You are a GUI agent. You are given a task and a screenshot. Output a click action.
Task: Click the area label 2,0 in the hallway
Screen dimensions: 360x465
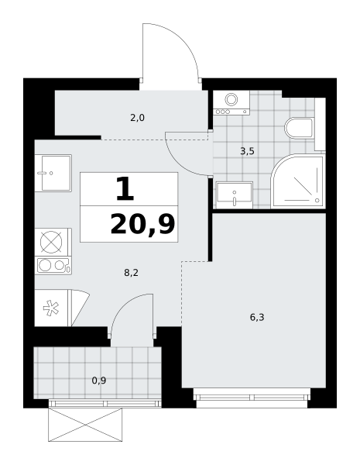(137, 118)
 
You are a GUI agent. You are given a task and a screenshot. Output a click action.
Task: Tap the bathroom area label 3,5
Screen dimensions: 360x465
(247, 152)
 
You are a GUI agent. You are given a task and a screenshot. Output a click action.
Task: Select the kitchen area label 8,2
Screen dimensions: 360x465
(132, 273)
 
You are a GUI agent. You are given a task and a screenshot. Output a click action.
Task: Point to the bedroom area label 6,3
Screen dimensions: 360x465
(257, 318)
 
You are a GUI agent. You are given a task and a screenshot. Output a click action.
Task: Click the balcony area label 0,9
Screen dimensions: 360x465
(99, 381)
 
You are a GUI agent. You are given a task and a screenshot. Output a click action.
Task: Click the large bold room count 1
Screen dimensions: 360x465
(125, 189)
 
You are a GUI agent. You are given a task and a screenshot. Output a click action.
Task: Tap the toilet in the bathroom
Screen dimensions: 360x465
(300, 128)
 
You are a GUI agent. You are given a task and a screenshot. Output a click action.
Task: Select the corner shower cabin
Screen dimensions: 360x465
(298, 181)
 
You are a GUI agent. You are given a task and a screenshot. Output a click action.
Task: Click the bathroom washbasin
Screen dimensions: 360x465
(235, 195)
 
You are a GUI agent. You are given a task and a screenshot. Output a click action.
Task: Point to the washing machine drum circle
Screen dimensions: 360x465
(231, 99)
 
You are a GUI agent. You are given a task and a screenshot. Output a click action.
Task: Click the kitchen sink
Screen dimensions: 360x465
(53, 173)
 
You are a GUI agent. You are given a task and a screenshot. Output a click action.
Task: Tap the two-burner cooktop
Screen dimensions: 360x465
(53, 265)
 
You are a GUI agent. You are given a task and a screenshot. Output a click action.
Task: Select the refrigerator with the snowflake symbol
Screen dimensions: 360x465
(52, 308)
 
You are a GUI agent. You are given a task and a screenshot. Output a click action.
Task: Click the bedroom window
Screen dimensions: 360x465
(252, 398)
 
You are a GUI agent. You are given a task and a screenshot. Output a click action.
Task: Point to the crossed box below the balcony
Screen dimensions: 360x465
(85, 425)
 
